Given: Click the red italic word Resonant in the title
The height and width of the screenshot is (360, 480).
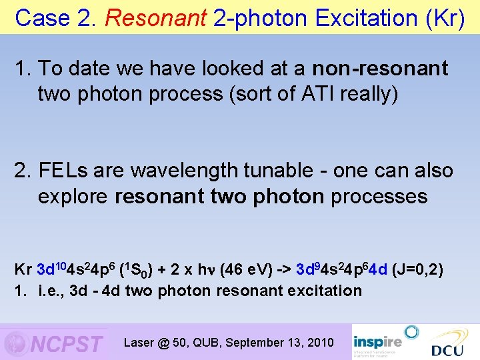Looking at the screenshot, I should tap(156, 18).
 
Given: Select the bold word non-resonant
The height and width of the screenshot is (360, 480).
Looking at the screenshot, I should tap(381, 69).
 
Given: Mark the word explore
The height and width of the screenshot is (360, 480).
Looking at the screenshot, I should tap(74, 196).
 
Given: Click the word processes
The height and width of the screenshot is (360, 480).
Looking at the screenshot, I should tap(379, 196).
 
